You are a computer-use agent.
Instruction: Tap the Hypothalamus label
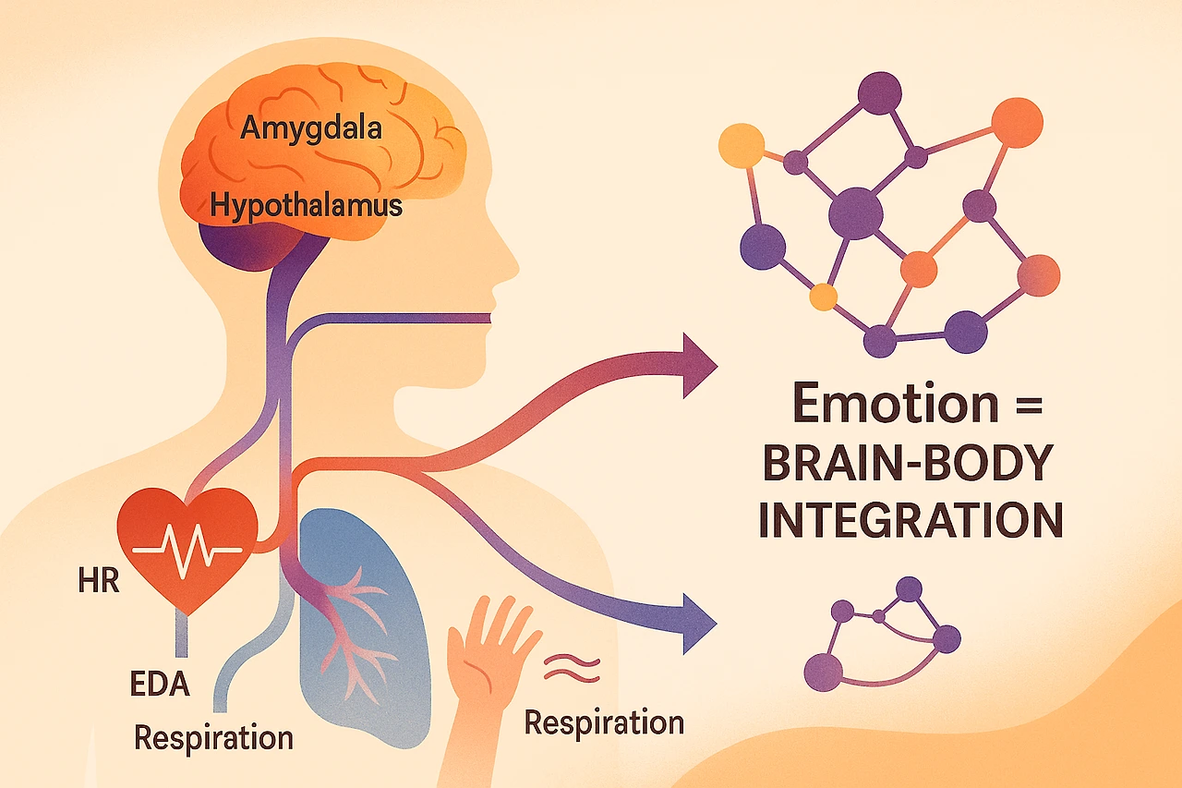[306, 205]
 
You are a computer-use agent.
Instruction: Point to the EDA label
[161, 685]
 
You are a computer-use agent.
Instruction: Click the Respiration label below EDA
[213, 738]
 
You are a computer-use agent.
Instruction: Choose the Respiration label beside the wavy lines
[604, 721]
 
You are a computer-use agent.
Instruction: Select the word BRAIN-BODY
[907, 467]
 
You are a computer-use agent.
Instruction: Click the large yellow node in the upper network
[741, 145]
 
